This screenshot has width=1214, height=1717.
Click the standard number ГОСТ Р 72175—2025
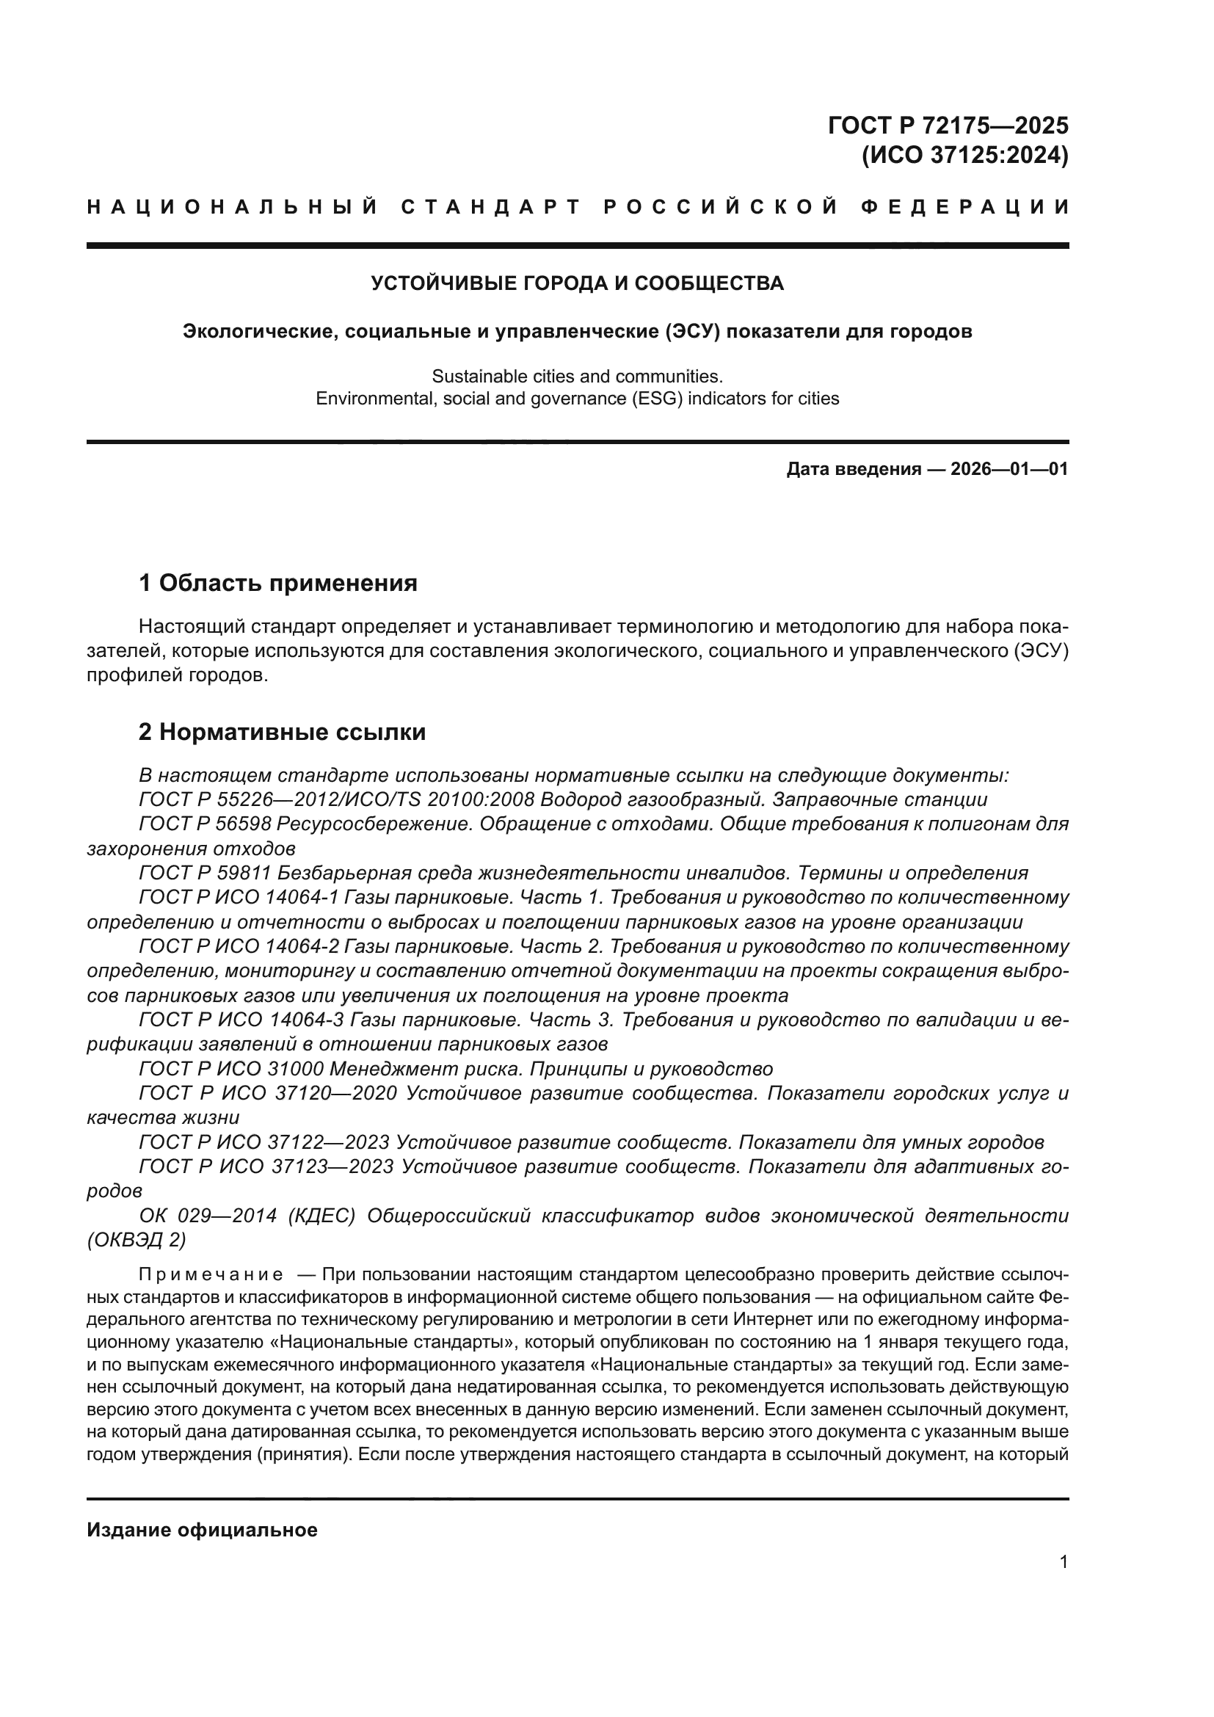pos(948,125)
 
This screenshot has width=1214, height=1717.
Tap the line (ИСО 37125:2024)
pos(965,156)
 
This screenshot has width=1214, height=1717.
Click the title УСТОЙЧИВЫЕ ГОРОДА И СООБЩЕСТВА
pos(577,283)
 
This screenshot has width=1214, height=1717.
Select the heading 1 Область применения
pos(278,583)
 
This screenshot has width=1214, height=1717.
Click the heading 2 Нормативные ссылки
pos(282,732)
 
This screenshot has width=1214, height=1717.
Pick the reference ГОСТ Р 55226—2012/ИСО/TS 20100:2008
pos(336,800)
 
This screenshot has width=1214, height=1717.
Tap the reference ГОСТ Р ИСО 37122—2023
pos(264,1143)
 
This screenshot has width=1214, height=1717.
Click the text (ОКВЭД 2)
pos(136,1241)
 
